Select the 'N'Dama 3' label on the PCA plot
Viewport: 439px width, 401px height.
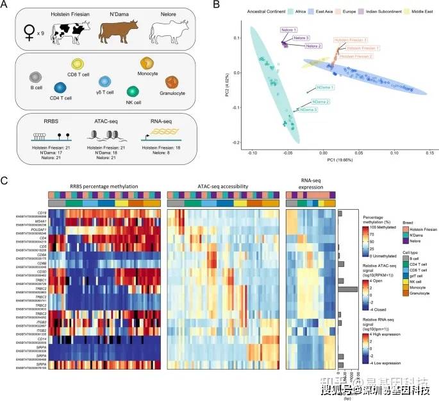click(x=321, y=110)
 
